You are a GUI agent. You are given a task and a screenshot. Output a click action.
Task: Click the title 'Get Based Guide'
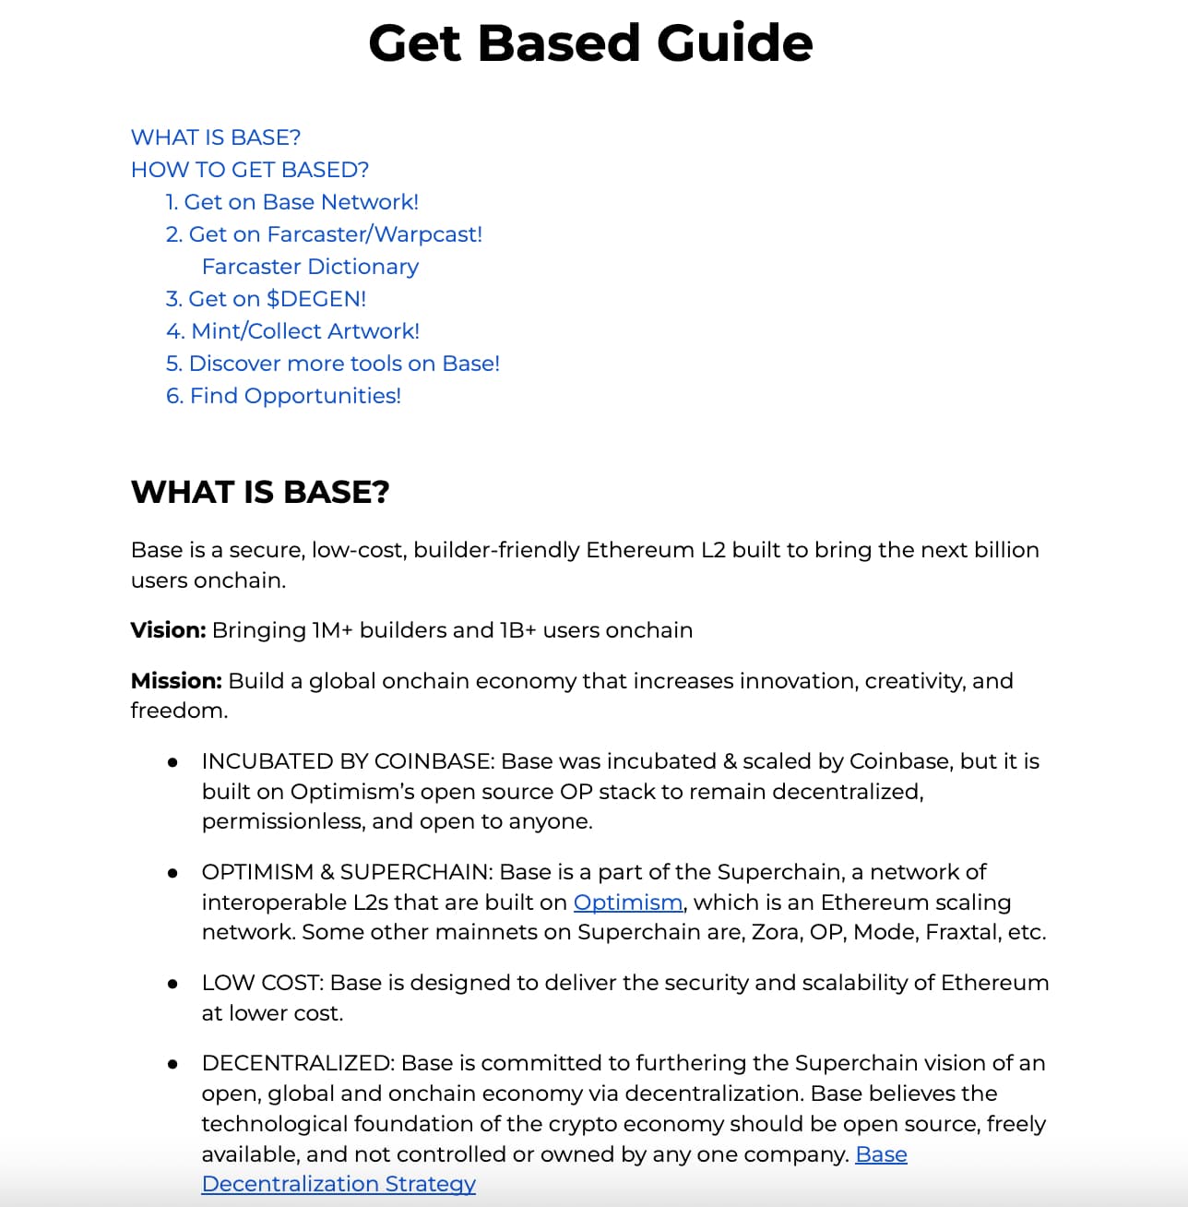tap(590, 43)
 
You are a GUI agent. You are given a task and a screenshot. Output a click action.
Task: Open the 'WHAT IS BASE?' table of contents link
tap(216, 137)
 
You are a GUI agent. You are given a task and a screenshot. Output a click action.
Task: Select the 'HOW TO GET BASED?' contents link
tap(250, 170)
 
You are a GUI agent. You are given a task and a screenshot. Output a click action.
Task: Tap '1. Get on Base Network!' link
tap(291, 202)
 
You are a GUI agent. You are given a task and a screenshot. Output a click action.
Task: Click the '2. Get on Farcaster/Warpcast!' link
tap(324, 234)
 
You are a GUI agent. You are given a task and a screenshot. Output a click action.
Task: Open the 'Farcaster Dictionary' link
tap(310, 267)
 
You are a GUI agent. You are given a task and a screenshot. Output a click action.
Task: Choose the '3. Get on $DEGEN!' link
tap(266, 299)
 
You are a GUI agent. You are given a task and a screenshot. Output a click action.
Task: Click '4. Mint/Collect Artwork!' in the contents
tap(292, 331)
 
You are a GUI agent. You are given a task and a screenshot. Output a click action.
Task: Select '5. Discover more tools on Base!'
tap(332, 364)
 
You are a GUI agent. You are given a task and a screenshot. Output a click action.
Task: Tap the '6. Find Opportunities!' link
tap(283, 396)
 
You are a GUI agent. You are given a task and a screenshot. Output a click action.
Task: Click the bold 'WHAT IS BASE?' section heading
tap(260, 492)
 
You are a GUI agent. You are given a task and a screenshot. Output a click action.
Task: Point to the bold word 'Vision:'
tap(168, 630)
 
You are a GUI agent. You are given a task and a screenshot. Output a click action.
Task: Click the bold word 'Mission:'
tap(176, 681)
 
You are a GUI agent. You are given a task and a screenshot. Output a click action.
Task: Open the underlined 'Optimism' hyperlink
tap(627, 902)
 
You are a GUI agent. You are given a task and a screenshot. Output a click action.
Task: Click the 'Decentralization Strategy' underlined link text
tap(339, 1184)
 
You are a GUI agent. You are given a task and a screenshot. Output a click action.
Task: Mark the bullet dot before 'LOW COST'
tap(172, 984)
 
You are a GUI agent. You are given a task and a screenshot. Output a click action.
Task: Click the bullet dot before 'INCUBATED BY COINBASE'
tap(172, 762)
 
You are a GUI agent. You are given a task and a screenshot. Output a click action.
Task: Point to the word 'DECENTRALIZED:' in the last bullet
tap(298, 1063)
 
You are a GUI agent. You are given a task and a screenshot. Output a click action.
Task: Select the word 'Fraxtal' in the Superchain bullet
tap(962, 932)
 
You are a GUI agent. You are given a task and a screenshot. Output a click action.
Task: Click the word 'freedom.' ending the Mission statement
tap(179, 711)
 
